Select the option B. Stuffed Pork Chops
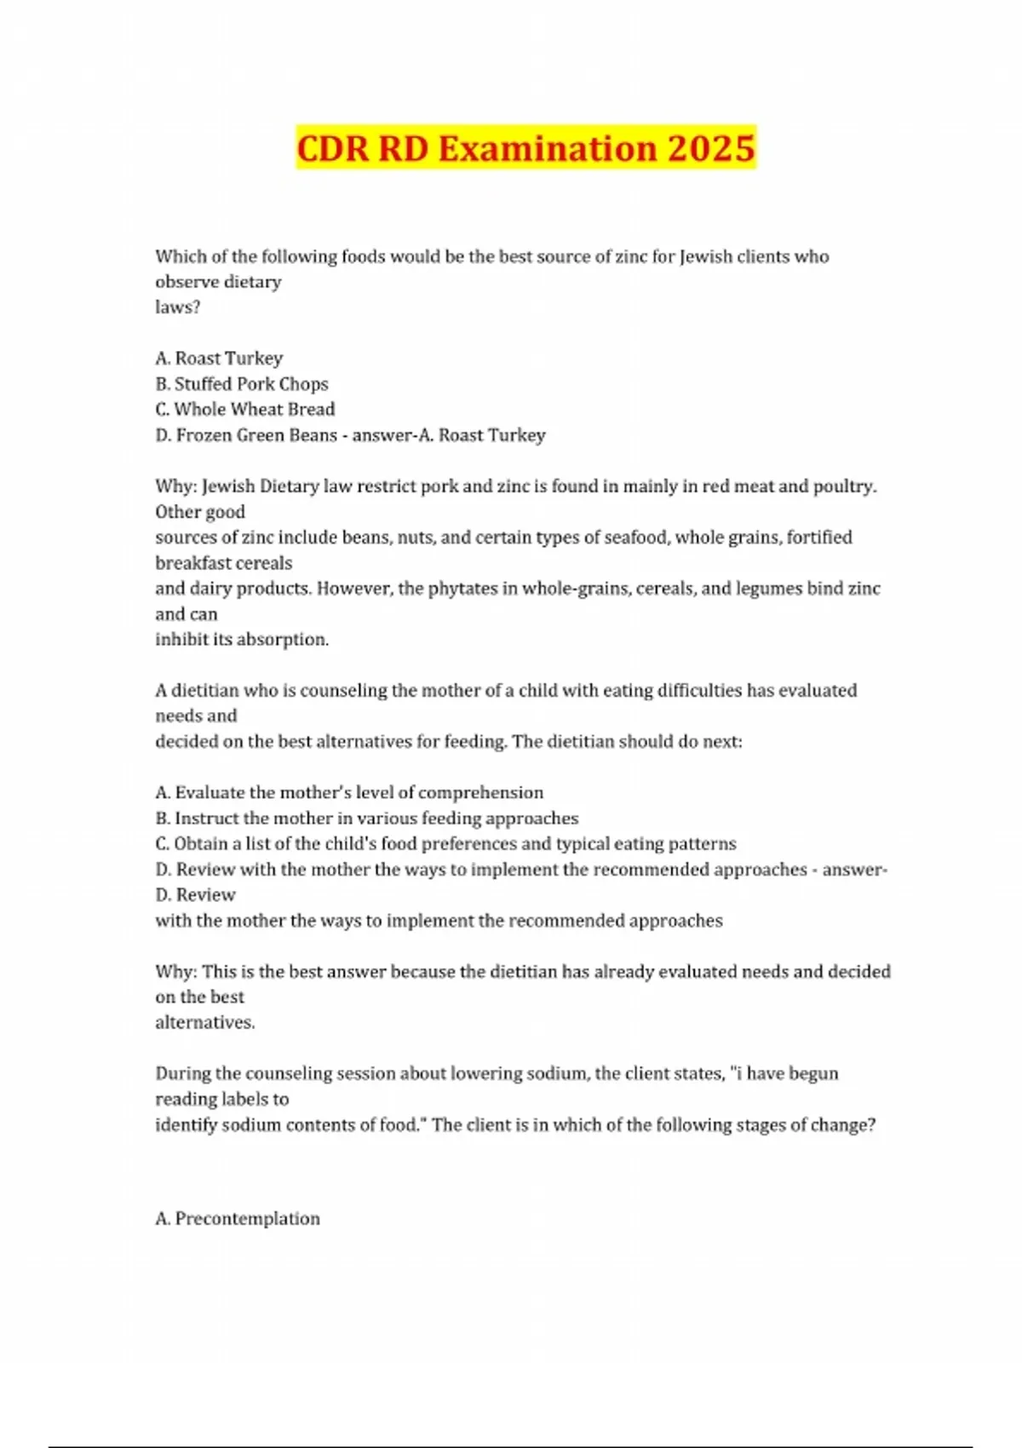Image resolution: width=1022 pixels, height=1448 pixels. (242, 384)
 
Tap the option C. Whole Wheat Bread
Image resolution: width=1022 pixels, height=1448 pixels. (245, 410)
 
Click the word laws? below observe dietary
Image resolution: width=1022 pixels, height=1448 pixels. (177, 307)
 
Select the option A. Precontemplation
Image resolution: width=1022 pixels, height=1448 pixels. (238, 1219)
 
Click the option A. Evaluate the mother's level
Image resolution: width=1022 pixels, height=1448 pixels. (349, 793)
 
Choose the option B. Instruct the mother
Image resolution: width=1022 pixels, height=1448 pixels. (367, 819)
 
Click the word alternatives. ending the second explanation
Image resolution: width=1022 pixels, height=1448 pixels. (205, 1023)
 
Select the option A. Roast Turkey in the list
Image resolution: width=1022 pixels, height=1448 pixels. (219, 359)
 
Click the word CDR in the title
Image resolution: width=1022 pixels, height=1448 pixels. (332, 148)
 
